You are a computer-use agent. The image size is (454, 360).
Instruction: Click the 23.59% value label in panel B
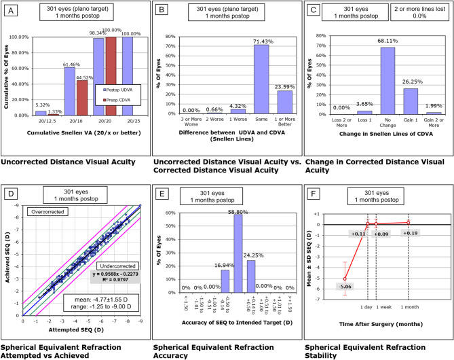click(285, 86)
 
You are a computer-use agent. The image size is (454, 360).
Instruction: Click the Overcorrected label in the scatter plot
click(33, 211)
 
